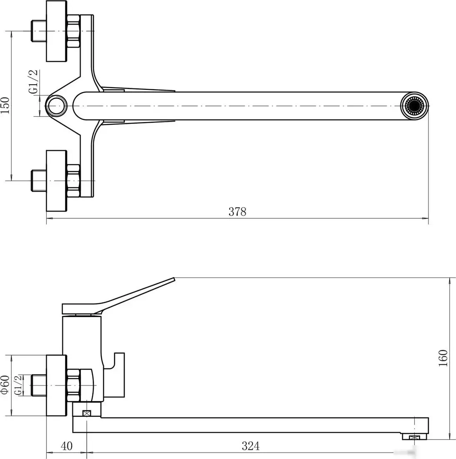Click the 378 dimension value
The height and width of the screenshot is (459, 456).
[237, 212]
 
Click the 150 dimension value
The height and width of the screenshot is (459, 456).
[5, 106]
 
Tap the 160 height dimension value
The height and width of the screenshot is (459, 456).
[443, 358]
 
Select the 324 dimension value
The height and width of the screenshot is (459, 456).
[251, 446]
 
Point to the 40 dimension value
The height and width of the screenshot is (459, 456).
[66, 446]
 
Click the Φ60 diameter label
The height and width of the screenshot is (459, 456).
[5, 385]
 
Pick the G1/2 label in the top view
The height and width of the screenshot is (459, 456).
[33, 82]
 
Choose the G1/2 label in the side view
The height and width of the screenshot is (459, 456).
[18, 385]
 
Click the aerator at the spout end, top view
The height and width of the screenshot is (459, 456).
[414, 106]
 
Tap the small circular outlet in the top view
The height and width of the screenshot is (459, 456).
[57, 106]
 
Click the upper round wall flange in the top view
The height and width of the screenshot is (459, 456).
[57, 31]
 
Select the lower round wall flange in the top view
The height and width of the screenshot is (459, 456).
[57, 181]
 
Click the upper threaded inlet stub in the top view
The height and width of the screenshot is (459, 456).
[39, 31]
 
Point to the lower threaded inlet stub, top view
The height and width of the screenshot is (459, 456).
[39, 181]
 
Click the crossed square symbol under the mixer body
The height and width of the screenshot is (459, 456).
[87, 414]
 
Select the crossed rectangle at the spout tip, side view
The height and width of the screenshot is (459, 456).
[414, 437]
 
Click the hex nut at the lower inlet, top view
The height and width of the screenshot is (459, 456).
[73, 181]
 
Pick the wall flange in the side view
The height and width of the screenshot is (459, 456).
[57, 385]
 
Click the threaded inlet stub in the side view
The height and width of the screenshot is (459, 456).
[39, 385]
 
